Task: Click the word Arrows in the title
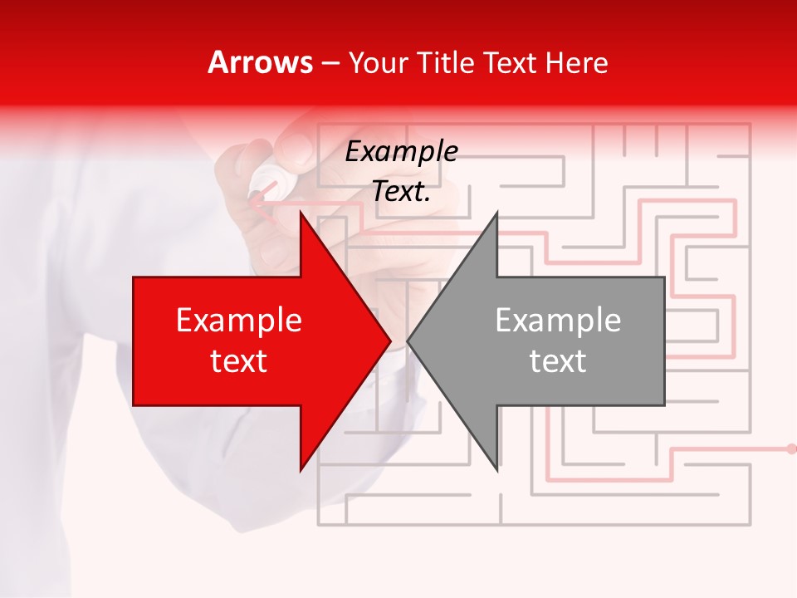(x=260, y=62)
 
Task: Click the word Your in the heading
(x=379, y=62)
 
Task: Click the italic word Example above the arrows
(x=401, y=152)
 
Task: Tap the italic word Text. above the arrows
(x=401, y=192)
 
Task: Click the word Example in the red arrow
(x=239, y=321)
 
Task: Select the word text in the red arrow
(x=239, y=361)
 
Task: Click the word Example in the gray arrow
(x=558, y=321)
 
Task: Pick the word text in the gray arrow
(x=558, y=361)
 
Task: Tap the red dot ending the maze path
(x=790, y=449)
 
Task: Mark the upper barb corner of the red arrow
(x=301, y=212)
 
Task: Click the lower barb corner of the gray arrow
(x=496, y=470)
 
